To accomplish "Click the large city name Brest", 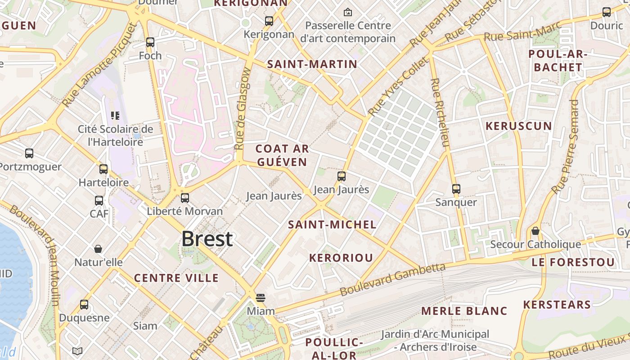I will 207,239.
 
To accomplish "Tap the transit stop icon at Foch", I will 150,42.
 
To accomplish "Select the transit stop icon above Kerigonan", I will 269,21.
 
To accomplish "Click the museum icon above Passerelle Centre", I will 347,12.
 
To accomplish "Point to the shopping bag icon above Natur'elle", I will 98,249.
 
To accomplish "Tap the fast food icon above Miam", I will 260,297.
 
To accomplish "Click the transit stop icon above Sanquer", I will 456,189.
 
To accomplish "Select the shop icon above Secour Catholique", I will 535,231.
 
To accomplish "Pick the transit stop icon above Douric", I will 607,12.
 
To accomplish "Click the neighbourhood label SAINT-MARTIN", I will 312,64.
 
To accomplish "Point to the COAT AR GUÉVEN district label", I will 282,155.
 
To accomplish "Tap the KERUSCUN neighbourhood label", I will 518,126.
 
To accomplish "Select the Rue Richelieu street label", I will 440,112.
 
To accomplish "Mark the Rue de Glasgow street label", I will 242,112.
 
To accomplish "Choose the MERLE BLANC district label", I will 464,311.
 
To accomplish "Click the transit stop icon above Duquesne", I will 84,305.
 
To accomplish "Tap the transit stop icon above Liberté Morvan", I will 185,198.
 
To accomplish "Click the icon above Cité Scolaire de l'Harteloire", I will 115,116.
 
